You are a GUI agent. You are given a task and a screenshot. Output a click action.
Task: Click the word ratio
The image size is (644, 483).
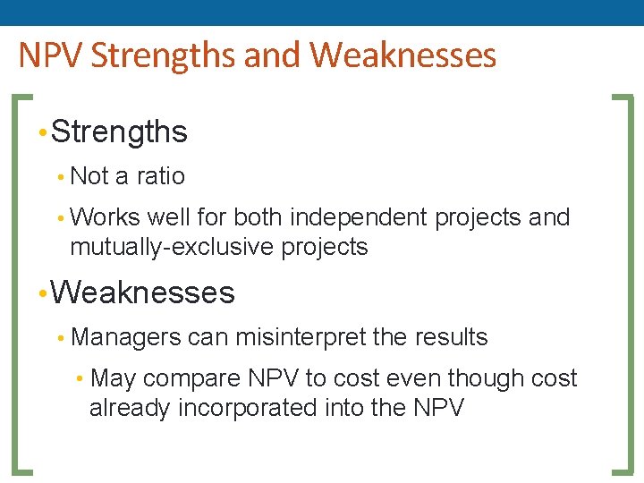point(160,176)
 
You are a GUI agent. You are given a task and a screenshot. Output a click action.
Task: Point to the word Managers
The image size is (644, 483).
point(126,337)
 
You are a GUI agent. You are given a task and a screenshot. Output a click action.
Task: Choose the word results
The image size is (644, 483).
point(452,337)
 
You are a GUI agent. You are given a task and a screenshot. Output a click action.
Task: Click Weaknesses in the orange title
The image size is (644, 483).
point(402,55)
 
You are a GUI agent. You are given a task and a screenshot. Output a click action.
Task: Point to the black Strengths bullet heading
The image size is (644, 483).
point(119,132)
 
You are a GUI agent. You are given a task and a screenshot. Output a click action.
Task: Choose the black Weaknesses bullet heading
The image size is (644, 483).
point(143,292)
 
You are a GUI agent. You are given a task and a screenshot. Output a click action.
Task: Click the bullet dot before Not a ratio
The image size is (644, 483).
point(59,177)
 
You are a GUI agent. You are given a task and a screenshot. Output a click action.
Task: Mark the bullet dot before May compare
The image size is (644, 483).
point(80,379)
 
